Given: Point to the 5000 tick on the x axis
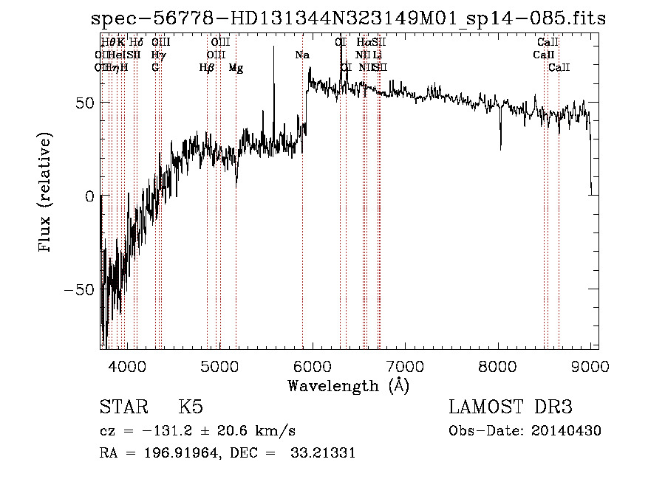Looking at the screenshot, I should [219, 365].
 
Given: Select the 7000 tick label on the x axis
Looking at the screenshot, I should [405, 365].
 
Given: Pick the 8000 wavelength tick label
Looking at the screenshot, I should [497, 365].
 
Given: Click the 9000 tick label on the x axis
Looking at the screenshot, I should [590, 365].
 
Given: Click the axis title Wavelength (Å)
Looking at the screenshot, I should [348, 385].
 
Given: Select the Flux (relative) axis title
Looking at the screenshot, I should [46, 193].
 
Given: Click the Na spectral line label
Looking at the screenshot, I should [302, 55].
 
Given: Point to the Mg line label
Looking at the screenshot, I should [236, 68].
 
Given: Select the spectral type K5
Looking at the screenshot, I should [191, 407].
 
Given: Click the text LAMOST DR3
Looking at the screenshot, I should [511, 407].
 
